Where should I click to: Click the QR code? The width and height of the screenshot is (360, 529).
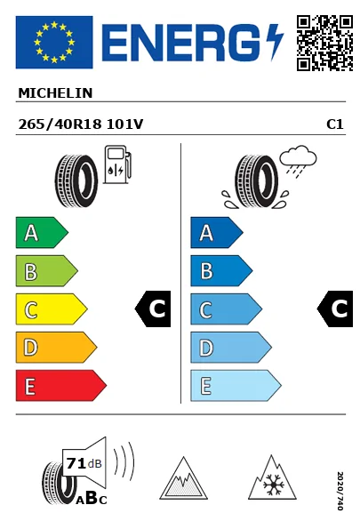click(x=324, y=43)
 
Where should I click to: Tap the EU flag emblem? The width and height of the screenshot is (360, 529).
click(x=54, y=42)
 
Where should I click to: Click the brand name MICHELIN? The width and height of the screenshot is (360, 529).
click(x=55, y=93)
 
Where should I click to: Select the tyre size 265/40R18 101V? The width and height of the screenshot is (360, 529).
click(x=81, y=124)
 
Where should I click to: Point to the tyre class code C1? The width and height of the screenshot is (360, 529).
click(x=335, y=124)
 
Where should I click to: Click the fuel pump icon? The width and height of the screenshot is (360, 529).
click(x=117, y=164)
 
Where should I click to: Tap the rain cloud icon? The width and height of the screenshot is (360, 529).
click(x=298, y=159)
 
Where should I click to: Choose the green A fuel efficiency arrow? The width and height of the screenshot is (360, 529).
click(x=42, y=232)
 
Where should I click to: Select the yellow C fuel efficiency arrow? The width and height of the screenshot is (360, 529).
click(x=52, y=309)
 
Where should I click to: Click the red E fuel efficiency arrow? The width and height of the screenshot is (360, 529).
click(x=61, y=386)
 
